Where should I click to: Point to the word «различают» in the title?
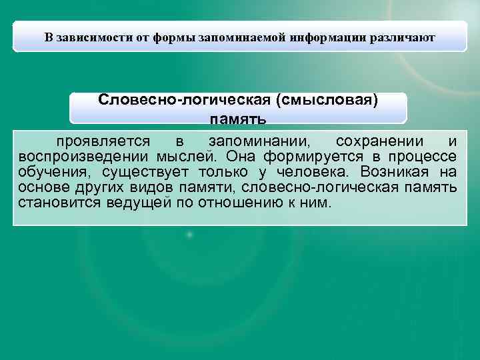(401, 37)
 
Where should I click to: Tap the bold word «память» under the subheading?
(238, 119)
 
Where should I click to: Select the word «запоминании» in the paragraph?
(259, 142)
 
